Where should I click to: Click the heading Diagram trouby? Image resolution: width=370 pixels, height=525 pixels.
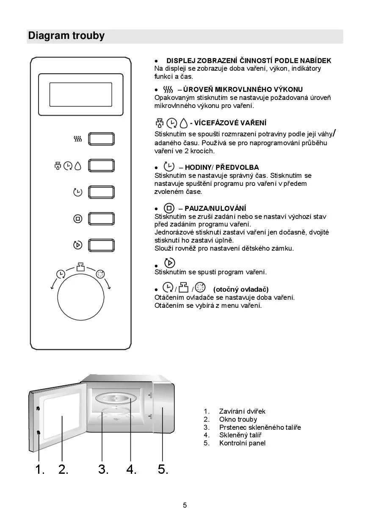(66, 36)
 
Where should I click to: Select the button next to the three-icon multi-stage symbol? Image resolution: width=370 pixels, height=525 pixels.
(101, 166)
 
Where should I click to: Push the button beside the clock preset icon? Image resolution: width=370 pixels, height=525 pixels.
(101, 192)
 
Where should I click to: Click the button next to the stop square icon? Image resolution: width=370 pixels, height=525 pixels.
(101, 219)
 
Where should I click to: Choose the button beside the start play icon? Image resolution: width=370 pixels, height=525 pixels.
(101, 245)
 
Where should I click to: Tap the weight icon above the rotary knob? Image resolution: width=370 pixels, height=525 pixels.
(80, 267)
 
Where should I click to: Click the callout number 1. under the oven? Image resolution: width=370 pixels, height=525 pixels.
(40, 469)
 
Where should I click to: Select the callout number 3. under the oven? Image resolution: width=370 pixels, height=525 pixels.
(103, 469)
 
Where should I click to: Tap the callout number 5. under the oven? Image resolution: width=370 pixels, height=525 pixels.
(163, 469)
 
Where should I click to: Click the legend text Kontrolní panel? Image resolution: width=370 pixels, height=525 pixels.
(242, 443)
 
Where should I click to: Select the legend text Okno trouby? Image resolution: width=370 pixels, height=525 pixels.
(238, 419)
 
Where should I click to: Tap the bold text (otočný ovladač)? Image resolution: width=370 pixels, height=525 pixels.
(241, 289)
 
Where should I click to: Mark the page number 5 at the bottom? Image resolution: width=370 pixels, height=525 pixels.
(185, 505)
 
